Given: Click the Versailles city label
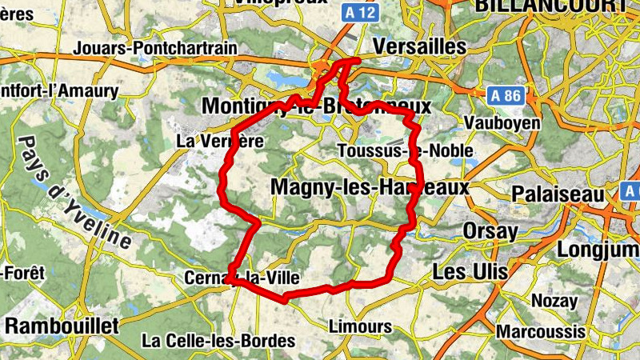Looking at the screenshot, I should pos(419,47).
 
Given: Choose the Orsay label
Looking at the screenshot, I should pos(490,231).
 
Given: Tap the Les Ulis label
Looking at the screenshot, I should pos(470,272).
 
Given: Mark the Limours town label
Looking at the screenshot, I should pos(361,326).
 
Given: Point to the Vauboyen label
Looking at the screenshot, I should pos(502,124).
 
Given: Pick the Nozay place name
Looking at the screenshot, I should pos(554,302).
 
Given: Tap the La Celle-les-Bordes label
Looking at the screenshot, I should pos(218,341).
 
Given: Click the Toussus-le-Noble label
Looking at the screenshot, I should pos(406,150).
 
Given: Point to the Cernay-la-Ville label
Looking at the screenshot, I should pos(242,278).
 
